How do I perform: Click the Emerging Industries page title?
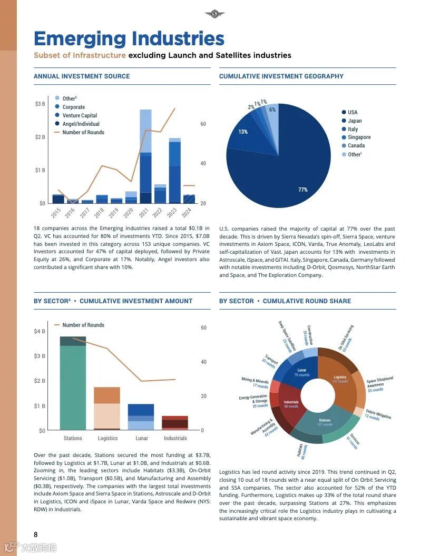click(129, 39)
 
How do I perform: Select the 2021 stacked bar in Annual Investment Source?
click(145, 158)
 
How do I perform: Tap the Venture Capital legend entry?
click(80, 115)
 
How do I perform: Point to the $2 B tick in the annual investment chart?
click(40, 137)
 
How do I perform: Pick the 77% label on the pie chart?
click(303, 190)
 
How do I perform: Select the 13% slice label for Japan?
click(243, 132)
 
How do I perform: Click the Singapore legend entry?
click(359, 137)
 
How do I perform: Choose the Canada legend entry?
click(356, 146)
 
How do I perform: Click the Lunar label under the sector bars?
click(141, 438)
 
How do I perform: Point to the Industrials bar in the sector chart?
click(175, 422)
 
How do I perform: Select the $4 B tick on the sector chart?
click(40, 332)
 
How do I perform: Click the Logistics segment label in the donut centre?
click(340, 379)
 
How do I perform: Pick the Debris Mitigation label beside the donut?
click(378, 414)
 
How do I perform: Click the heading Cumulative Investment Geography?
click(281, 76)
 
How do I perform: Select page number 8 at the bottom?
click(36, 535)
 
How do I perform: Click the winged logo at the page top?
click(214, 14)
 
